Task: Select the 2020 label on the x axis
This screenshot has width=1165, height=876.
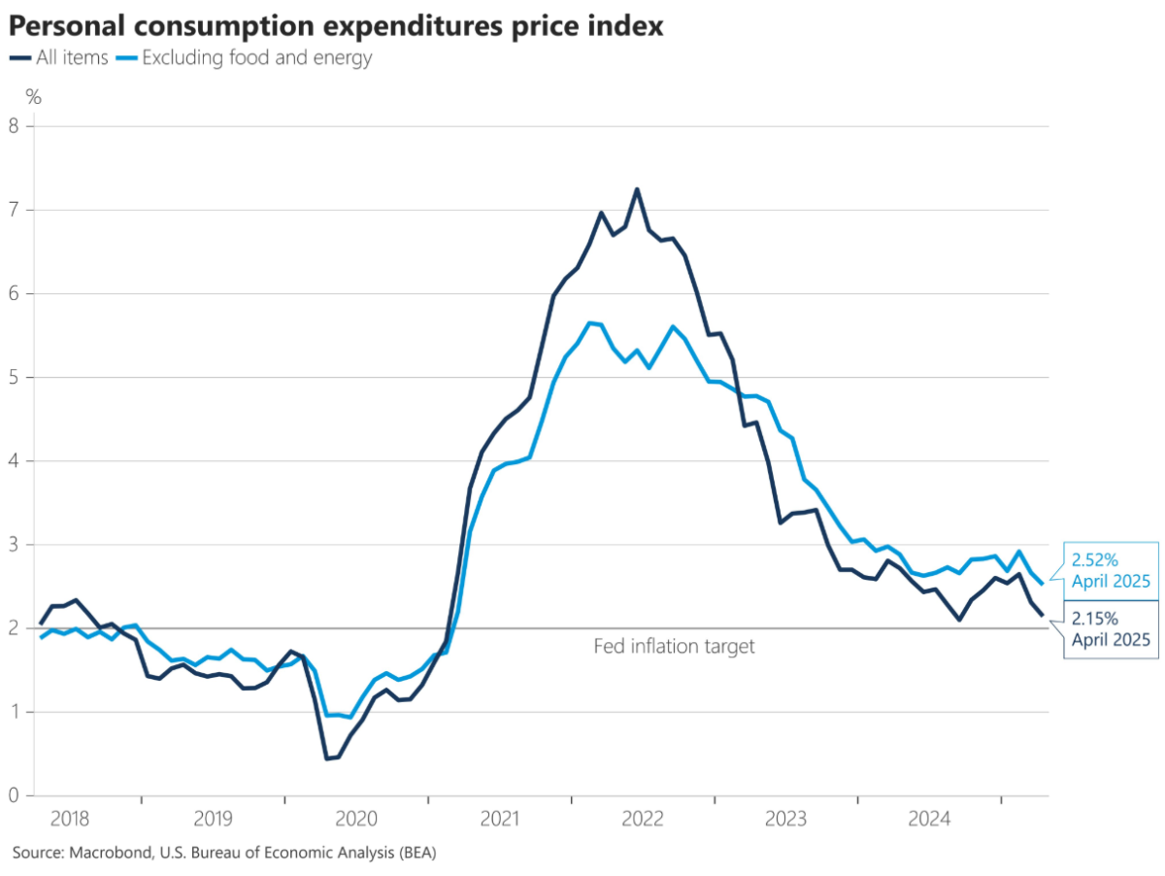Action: pos(356,819)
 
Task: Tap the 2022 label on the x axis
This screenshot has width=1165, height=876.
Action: pos(643,819)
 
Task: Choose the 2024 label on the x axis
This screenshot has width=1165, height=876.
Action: pos(929,819)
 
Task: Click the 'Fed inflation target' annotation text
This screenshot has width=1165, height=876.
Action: pos(674,646)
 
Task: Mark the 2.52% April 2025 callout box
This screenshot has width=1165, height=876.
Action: pos(1111,570)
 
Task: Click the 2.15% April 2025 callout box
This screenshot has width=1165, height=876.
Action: pos(1111,630)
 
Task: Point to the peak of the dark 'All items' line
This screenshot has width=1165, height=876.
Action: pos(637,189)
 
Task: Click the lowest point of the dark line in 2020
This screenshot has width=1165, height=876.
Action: pos(327,758)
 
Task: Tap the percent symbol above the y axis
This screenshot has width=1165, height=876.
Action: pos(33,96)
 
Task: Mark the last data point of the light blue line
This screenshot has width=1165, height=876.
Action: pos(1042,584)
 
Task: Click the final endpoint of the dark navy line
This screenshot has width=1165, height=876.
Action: pos(1043,615)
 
